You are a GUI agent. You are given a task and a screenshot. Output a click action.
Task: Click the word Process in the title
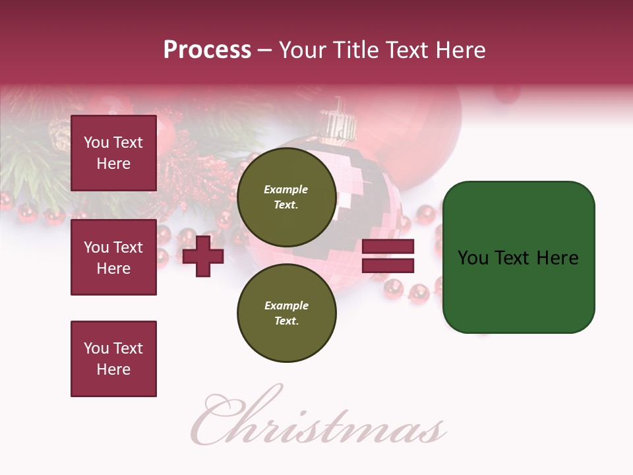tap(207, 50)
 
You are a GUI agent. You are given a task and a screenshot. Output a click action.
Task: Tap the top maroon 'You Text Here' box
tap(113, 153)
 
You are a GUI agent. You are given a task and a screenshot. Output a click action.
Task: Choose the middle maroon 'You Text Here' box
tap(113, 257)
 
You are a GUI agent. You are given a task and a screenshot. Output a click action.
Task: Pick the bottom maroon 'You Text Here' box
tap(113, 359)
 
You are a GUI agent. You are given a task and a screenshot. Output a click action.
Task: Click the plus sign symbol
tap(203, 257)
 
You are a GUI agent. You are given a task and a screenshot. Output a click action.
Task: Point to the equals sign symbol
tap(388, 256)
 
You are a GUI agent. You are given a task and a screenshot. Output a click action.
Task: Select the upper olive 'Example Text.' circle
tap(286, 197)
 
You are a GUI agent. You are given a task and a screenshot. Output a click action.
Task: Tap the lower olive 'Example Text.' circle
tap(286, 313)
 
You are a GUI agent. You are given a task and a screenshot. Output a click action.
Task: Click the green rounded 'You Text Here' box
tap(518, 257)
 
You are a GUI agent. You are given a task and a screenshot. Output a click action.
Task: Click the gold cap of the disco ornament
tap(338, 120)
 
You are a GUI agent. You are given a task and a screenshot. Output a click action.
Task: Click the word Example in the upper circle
tap(286, 189)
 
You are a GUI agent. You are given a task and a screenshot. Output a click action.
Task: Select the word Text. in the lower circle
tap(286, 321)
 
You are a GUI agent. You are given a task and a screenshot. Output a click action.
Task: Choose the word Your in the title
tap(301, 50)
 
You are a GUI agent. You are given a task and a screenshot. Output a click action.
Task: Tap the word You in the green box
tap(473, 258)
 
